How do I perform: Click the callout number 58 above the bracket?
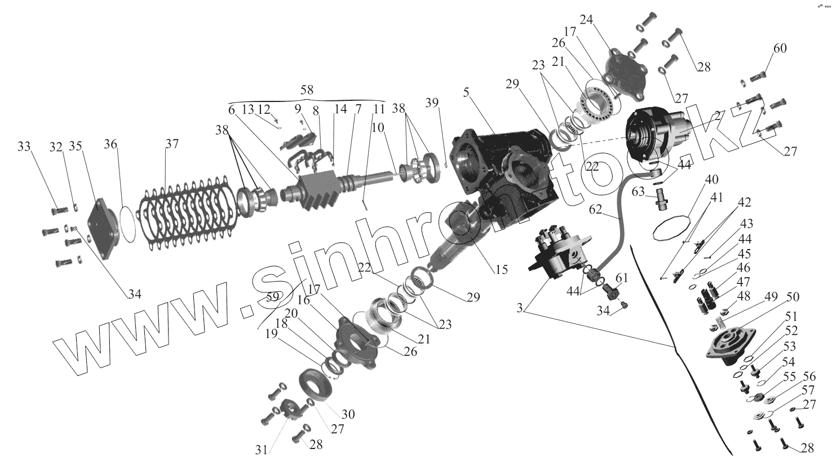[x=307, y=90]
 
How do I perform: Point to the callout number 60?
[x=780, y=48]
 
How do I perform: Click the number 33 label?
[x=24, y=147]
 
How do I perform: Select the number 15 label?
[x=501, y=270]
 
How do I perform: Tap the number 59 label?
[x=273, y=296]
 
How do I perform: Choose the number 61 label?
[x=621, y=278]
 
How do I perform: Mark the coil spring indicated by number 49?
[x=718, y=324]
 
